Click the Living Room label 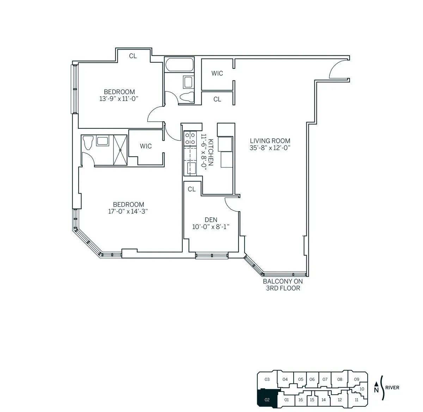(270, 141)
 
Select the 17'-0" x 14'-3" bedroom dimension (128, 212)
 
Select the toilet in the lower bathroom (88, 143)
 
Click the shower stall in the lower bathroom (120, 150)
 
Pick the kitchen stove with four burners (190, 138)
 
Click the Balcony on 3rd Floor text (283, 285)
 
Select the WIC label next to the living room (217, 73)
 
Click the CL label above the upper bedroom (133, 56)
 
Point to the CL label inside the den (191, 189)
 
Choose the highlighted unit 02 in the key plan (267, 399)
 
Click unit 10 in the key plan (362, 389)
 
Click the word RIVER (392, 388)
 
